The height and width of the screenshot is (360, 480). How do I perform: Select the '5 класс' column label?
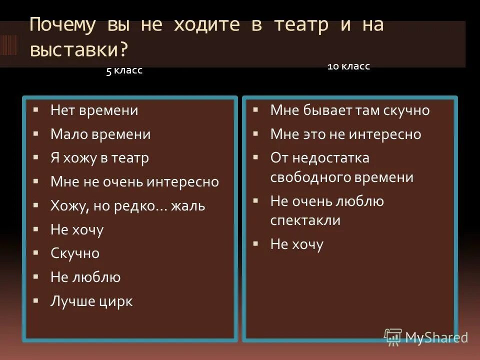(x=124, y=70)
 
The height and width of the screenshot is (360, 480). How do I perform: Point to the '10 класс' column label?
(x=348, y=66)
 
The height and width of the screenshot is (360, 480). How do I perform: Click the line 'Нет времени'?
(x=94, y=110)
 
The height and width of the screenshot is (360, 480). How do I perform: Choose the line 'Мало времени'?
(x=100, y=134)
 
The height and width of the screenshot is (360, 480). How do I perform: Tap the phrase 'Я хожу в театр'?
(x=99, y=158)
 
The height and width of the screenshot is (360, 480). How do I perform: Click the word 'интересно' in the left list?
(x=182, y=181)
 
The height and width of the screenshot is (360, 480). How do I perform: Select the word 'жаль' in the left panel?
(x=188, y=205)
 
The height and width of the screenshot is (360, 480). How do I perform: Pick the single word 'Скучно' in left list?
(x=75, y=253)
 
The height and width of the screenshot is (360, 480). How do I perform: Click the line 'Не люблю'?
(x=85, y=277)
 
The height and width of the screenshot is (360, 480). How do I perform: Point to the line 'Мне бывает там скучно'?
(x=349, y=110)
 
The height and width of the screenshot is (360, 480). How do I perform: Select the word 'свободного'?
(x=311, y=177)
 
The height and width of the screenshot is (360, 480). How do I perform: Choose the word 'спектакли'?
(x=305, y=220)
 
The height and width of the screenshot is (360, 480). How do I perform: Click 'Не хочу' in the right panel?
(x=296, y=244)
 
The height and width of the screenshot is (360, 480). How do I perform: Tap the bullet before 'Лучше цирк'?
(x=36, y=300)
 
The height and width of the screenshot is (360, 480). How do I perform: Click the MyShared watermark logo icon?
(x=393, y=336)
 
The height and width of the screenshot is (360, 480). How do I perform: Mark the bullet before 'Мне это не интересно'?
(x=255, y=133)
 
